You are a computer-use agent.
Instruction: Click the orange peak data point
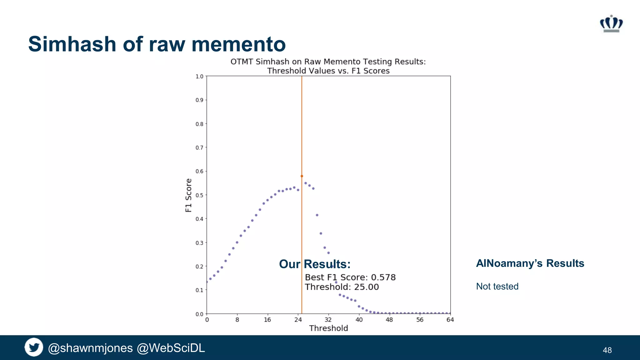point(302,176)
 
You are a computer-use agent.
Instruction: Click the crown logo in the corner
point(611,24)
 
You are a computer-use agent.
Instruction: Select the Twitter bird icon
point(34,347)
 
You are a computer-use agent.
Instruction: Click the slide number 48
point(607,350)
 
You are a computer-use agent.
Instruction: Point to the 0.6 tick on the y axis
point(200,171)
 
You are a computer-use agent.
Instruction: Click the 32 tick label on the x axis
point(328,320)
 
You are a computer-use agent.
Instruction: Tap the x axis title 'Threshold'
point(328,328)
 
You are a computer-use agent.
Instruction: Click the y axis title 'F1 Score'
point(188,195)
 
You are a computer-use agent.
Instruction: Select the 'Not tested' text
point(497,286)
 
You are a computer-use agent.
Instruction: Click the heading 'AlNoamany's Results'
point(530,263)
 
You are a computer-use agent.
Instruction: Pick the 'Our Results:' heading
point(314,264)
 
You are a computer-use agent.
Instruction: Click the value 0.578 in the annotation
point(383,277)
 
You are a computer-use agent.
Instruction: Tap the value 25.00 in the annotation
point(366,287)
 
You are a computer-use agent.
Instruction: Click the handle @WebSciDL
point(171,348)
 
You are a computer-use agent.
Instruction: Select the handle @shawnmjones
point(90,348)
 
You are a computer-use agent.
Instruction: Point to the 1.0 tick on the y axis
point(199,77)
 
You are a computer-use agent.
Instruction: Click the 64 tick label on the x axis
point(450,320)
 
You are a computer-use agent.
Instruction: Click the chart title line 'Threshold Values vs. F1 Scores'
point(328,71)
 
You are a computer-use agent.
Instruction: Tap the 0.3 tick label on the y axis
point(199,243)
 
